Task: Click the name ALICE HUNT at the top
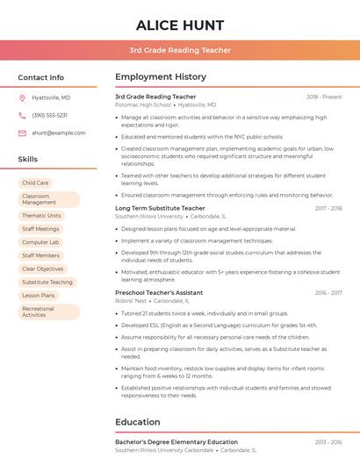180,25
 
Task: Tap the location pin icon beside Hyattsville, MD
22,97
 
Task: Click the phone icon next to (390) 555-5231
22,115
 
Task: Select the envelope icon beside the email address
22,132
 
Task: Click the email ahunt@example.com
53,132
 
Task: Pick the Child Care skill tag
36,182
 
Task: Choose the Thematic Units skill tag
41,215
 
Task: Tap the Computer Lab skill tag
40,242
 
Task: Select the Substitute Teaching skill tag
47,283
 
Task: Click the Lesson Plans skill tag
39,296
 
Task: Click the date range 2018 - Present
324,97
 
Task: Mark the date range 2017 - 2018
328,209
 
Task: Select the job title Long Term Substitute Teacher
160,209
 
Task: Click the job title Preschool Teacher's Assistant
159,292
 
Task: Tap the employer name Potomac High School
143,104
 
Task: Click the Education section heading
137,422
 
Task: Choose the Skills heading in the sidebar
28,160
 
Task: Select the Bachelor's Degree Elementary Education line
176,442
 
